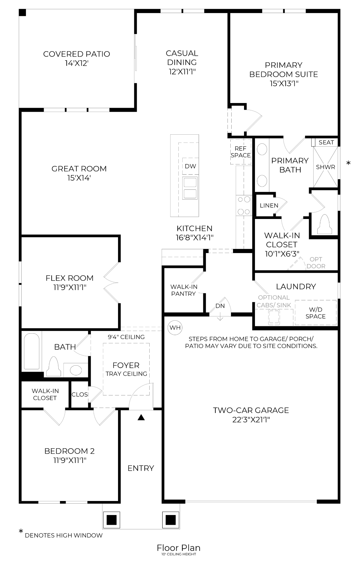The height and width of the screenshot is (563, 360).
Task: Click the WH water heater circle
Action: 175,327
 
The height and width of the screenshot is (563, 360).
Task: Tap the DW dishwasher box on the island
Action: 190,166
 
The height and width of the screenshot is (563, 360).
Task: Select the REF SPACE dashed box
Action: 240,152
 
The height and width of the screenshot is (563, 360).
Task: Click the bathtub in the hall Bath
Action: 32,351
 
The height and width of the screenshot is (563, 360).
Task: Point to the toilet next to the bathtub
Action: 53,367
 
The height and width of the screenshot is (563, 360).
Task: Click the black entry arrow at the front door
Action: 141,417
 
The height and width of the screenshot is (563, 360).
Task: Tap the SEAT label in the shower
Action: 326,142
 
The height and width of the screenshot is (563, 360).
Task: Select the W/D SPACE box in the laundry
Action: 315,313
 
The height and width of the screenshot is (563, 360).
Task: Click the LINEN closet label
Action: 269,205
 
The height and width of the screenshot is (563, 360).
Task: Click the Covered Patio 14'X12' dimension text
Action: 76,63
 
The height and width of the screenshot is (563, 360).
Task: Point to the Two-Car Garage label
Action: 251,410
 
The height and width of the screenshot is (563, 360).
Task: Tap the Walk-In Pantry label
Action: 183,290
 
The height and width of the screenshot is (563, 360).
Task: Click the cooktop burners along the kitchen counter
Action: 243,205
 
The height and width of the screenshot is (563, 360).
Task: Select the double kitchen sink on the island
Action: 190,188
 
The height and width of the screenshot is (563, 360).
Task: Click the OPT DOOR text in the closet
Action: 316,263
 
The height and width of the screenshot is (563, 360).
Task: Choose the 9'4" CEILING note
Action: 126,337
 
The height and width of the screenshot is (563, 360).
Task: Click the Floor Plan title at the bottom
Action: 178,548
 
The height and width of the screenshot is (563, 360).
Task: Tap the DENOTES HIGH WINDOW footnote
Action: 64,535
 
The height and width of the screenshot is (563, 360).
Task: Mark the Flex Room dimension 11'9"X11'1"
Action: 70,287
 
